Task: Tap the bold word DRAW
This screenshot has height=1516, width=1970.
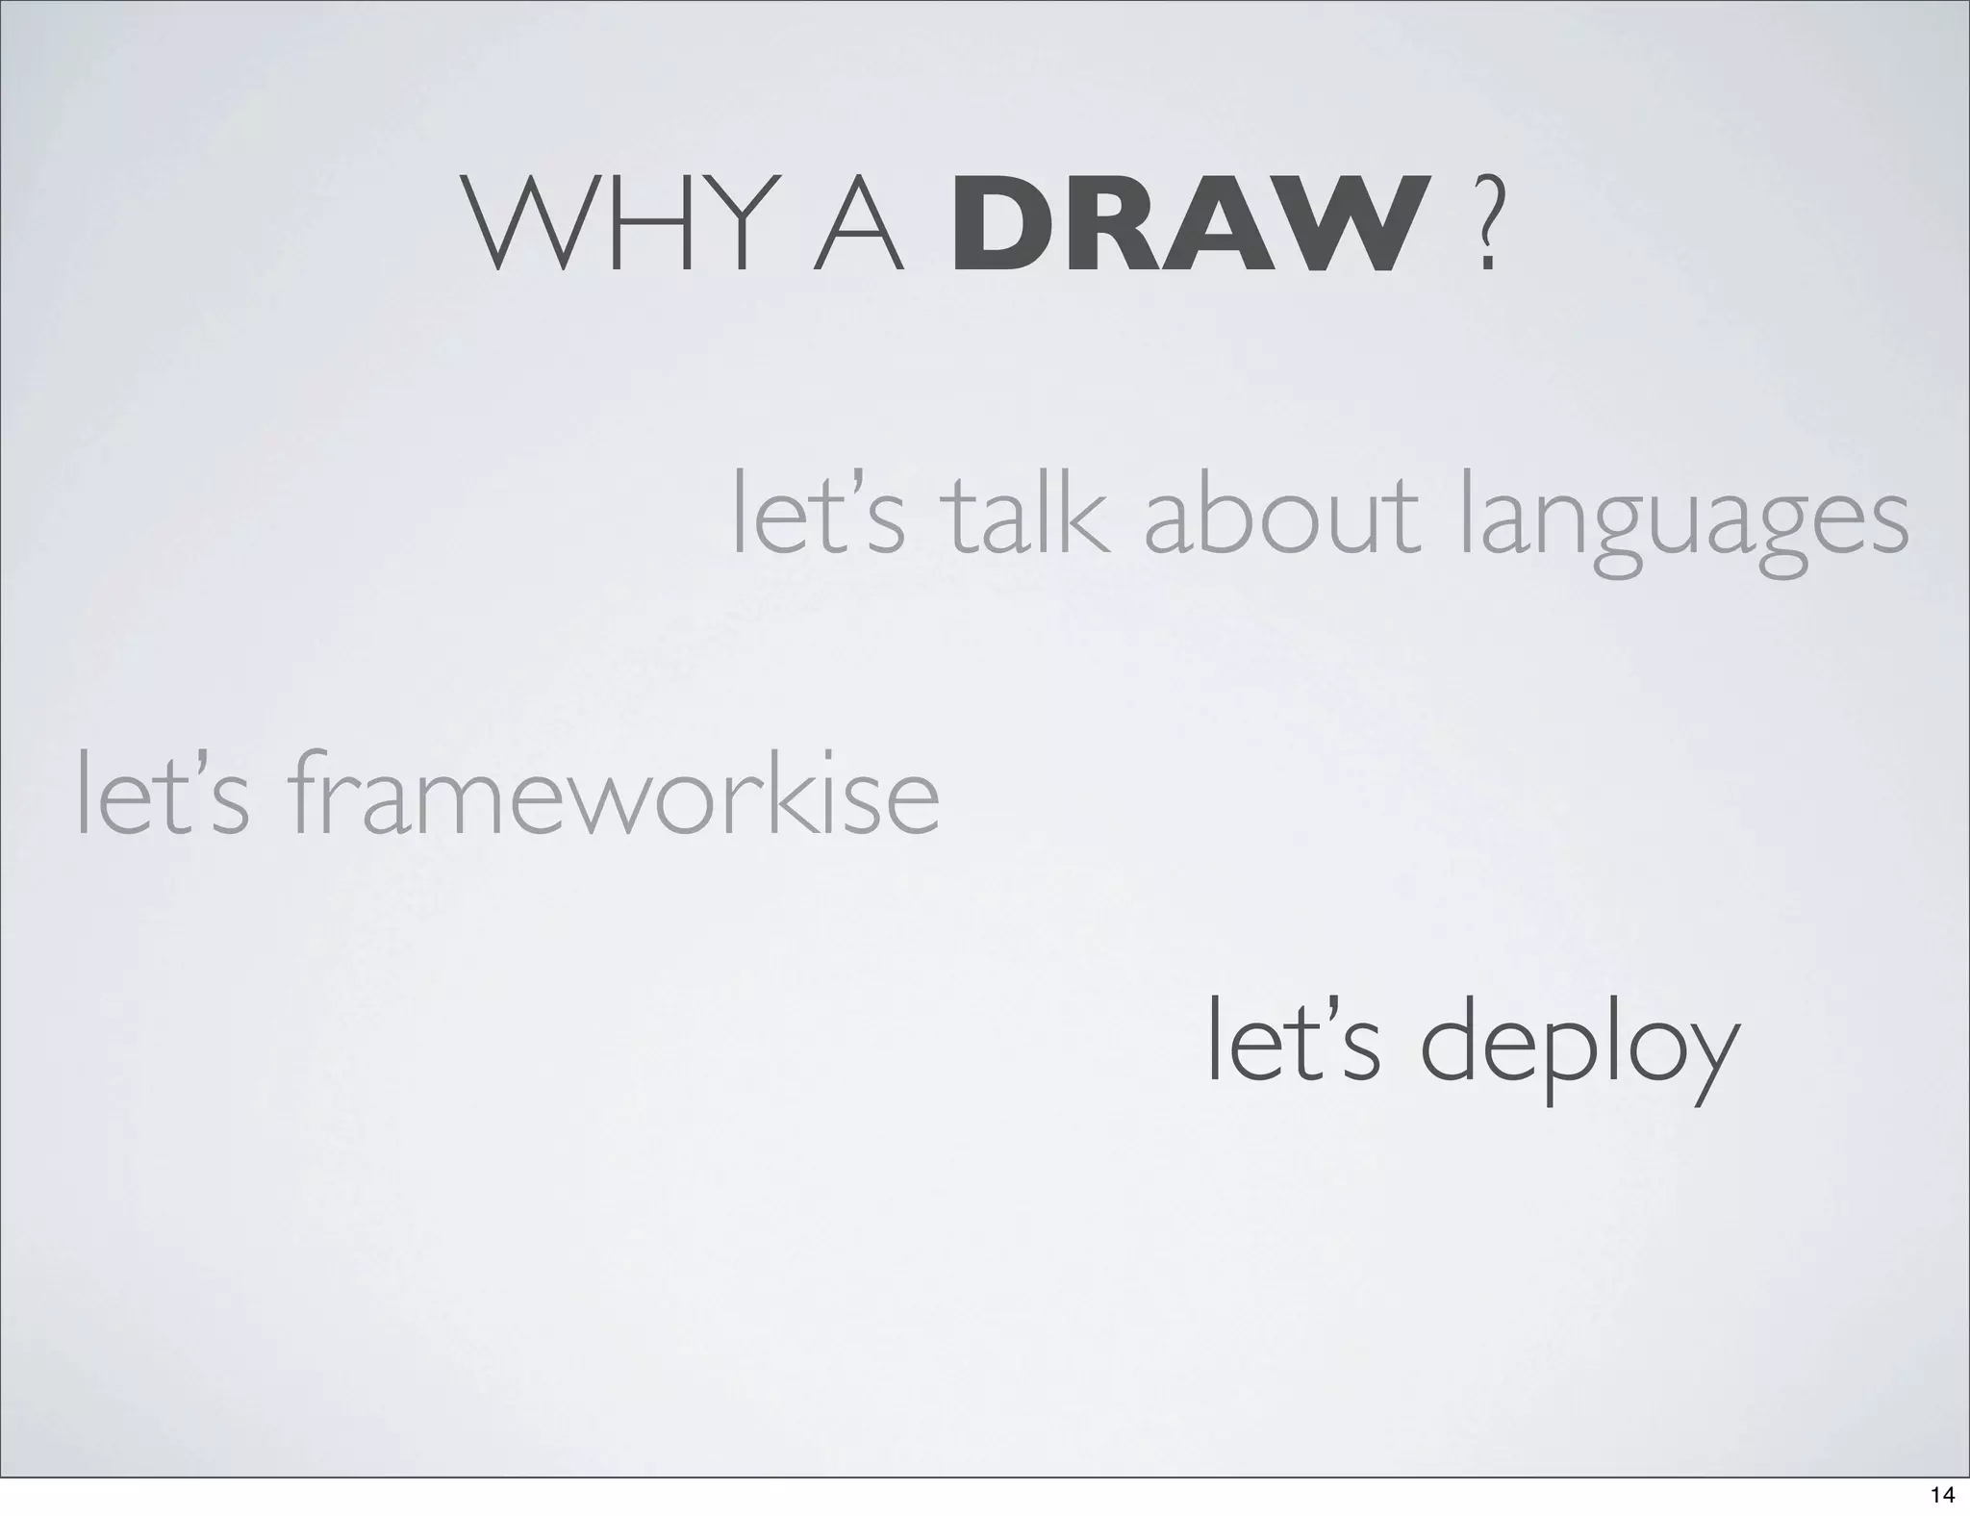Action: click(x=1185, y=223)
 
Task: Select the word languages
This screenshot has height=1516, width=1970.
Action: click(x=1682, y=524)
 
